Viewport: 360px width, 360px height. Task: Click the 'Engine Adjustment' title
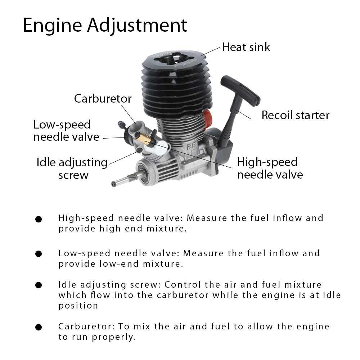click(x=105, y=26)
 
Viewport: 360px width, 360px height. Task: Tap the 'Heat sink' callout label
click(x=246, y=47)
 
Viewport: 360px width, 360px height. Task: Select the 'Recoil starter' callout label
click(x=296, y=115)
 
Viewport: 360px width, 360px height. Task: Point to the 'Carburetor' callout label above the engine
click(x=103, y=99)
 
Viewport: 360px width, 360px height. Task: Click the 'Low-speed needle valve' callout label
click(x=66, y=131)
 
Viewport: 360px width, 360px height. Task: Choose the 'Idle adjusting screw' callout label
click(x=72, y=168)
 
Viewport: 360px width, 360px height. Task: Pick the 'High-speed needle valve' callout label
click(x=270, y=168)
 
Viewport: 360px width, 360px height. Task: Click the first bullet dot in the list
click(x=39, y=219)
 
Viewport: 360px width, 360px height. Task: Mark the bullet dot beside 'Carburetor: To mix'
click(x=39, y=327)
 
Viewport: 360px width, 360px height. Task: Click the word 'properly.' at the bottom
click(x=114, y=337)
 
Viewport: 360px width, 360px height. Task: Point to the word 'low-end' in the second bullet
click(x=119, y=264)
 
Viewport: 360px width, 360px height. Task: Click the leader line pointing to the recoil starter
click(x=243, y=114)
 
